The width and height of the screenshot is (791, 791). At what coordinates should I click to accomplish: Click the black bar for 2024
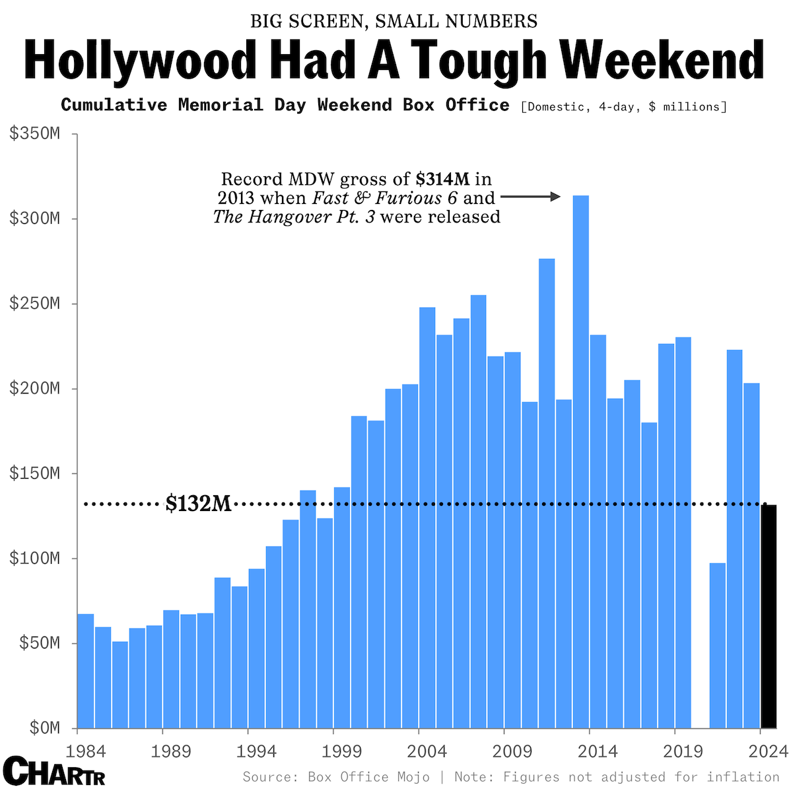pos(769,615)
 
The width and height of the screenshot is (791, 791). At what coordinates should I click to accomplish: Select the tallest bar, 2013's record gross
pos(581,462)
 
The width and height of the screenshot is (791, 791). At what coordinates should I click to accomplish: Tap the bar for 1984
pos(86,670)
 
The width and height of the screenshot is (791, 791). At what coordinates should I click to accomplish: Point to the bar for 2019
pos(683,532)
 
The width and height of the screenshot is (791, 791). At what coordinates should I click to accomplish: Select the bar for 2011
pos(547,493)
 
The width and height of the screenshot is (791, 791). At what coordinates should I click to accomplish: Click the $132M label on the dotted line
pos(198,504)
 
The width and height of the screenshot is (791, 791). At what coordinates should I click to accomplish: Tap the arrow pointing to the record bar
pos(531,197)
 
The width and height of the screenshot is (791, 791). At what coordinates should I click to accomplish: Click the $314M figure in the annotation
pos(442,179)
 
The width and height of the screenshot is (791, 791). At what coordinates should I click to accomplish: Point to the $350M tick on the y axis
pos(34,134)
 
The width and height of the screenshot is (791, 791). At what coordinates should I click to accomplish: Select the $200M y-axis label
pos(34,388)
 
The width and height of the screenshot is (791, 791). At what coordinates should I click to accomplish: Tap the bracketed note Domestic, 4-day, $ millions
pos(623,106)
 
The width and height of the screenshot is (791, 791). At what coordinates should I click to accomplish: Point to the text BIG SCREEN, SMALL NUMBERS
pos(394,21)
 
